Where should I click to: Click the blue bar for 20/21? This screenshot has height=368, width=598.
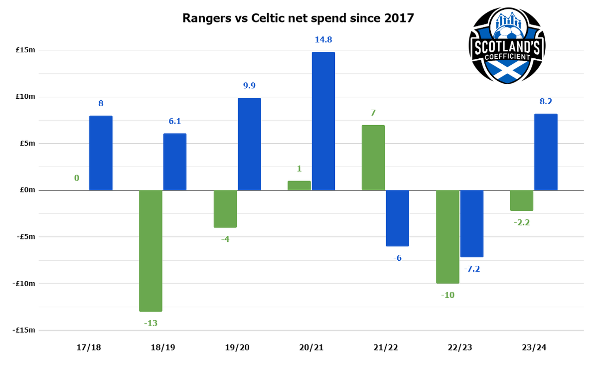coord(323,121)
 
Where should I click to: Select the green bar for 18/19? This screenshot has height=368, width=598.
coord(150,251)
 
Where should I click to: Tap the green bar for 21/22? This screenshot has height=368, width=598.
coord(373,158)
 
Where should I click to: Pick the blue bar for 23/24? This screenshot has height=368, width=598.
coord(546,152)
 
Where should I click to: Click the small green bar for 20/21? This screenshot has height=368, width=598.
coord(299,185)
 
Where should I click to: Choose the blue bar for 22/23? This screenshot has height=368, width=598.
coord(471,223)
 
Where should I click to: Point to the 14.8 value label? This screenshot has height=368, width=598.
coord(323,40)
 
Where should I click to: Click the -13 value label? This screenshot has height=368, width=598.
coord(150,323)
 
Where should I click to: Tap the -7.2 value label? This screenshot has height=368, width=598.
coord(472,269)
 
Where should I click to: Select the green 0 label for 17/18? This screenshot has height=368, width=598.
coord(77,178)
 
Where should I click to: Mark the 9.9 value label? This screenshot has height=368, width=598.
coord(249,86)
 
